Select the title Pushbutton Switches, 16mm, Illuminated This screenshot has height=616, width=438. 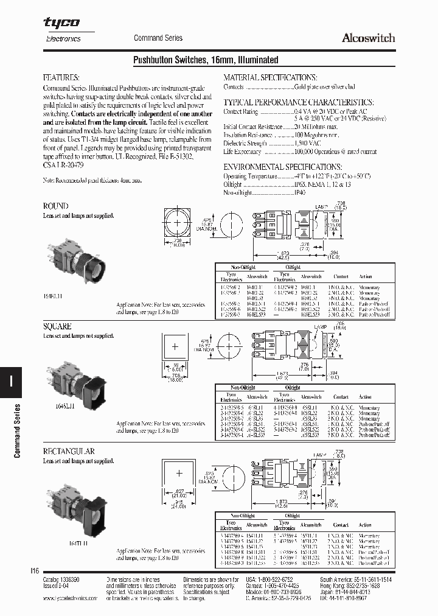(205, 60)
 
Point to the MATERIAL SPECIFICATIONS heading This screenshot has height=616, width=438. (269, 78)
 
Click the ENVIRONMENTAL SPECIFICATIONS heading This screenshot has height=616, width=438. (282, 166)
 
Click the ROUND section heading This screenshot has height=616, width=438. (55, 206)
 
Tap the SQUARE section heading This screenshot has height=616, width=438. (57, 326)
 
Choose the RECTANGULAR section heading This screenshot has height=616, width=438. (68, 451)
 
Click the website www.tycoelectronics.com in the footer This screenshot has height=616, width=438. (71, 598)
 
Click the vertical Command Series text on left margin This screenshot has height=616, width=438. (17, 430)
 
